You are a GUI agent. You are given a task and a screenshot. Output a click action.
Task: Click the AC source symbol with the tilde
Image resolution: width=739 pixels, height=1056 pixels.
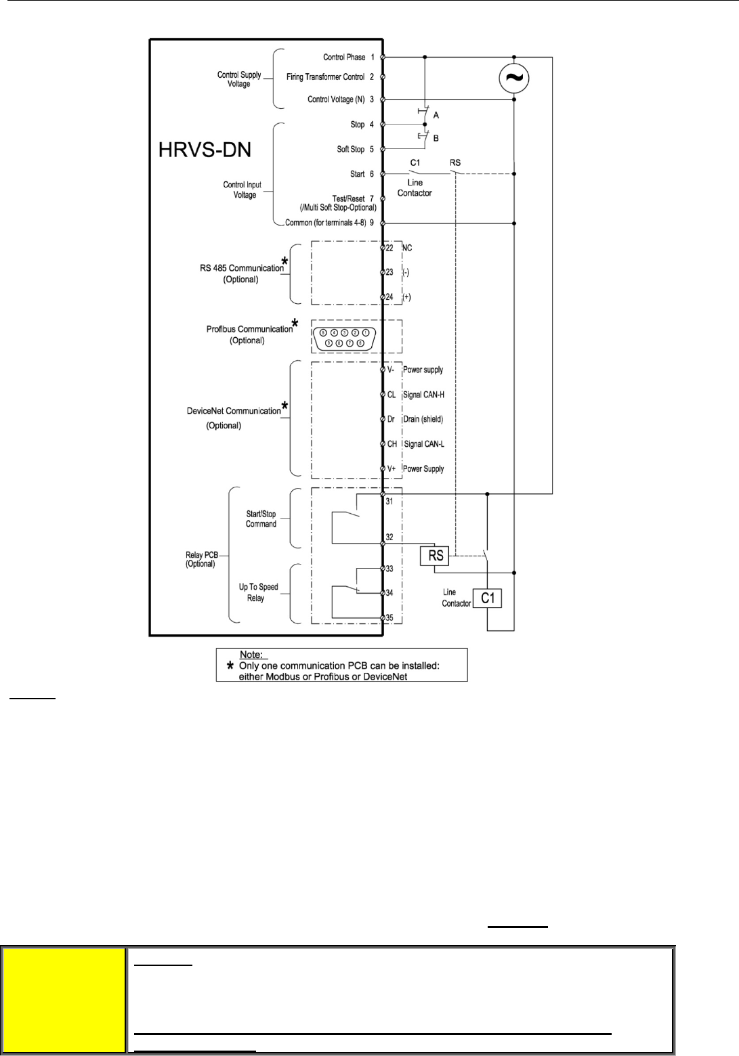514,79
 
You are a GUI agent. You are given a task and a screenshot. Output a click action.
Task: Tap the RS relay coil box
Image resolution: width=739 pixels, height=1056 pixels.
436,556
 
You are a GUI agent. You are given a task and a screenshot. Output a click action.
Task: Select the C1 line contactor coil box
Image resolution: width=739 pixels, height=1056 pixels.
488,598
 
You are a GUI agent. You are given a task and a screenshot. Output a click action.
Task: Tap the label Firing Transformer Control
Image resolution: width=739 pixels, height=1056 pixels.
325,77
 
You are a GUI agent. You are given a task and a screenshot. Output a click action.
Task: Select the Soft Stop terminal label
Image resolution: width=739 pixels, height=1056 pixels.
351,149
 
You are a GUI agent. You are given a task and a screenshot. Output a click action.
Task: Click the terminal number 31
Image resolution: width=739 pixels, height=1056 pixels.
389,502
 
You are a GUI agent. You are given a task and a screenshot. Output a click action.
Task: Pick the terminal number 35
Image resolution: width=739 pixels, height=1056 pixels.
389,617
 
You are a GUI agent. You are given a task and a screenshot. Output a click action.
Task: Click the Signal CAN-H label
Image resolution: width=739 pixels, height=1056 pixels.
423,395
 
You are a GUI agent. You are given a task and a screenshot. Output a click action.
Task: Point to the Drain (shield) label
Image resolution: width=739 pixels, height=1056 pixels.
423,419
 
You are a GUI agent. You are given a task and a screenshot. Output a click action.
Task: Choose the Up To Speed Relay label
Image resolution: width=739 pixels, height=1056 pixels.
258,592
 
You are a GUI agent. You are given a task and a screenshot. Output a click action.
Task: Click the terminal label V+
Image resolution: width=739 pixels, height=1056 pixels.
392,468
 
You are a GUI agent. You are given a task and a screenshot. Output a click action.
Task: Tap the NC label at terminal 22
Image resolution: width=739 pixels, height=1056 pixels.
406,248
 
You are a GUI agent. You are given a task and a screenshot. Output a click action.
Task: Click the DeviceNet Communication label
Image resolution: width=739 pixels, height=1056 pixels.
233,411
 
